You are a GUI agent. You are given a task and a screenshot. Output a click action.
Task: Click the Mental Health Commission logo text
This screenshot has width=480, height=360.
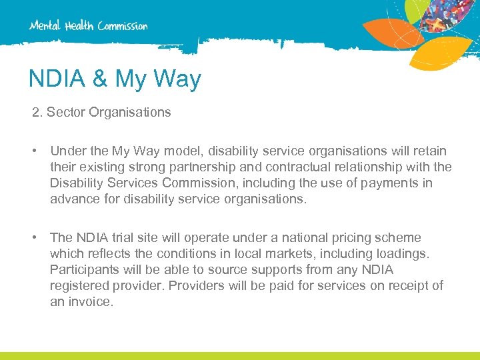click(x=88, y=26)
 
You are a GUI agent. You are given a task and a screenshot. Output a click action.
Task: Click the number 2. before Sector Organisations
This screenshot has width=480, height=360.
click(x=37, y=113)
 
